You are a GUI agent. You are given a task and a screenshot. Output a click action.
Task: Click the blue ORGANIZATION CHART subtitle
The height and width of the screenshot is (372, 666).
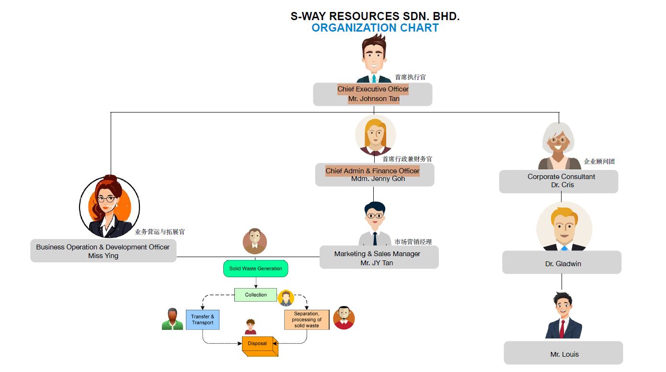tap(375, 28)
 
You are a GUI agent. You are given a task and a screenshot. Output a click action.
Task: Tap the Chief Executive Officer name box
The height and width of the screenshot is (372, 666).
tap(373, 94)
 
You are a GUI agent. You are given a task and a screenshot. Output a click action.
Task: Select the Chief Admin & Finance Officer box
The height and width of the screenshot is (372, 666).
tap(375, 175)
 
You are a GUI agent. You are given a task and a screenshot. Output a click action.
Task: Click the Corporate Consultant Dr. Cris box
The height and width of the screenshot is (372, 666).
tap(559, 181)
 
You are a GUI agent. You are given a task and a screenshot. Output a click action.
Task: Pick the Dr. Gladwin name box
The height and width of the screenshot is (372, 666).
tap(562, 262)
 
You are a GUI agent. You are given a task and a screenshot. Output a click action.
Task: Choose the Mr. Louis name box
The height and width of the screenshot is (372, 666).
tap(563, 353)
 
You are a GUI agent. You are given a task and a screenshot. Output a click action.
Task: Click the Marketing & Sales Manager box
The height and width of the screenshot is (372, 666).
tap(379, 257)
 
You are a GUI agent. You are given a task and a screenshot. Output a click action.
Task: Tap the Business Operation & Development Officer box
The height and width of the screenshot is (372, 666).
tap(103, 251)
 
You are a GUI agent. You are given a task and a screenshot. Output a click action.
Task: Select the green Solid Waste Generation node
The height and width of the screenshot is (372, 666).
tap(256, 269)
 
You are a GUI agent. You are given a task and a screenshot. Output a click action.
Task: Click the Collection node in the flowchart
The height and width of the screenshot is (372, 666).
tap(256, 295)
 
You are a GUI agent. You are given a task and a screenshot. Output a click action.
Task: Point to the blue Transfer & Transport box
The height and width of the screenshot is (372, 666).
tap(203, 320)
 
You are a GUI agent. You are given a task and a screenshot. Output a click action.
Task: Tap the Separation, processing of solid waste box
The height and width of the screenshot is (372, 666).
tap(307, 320)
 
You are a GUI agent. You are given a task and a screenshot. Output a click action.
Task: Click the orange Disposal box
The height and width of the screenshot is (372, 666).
tap(260, 346)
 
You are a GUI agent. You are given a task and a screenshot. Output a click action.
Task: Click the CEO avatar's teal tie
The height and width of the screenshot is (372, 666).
tap(374, 79)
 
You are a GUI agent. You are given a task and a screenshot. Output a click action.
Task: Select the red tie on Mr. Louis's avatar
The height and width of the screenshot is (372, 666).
tap(562, 329)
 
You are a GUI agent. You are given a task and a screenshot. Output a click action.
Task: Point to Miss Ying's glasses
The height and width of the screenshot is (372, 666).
tap(106, 199)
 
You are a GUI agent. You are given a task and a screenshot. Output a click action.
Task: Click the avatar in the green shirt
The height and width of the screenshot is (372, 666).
tap(172, 319)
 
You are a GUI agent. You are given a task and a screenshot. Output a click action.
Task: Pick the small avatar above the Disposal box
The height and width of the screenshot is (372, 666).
tap(250, 327)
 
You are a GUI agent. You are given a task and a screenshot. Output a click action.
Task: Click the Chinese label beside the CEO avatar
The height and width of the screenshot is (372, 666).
tap(410, 77)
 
